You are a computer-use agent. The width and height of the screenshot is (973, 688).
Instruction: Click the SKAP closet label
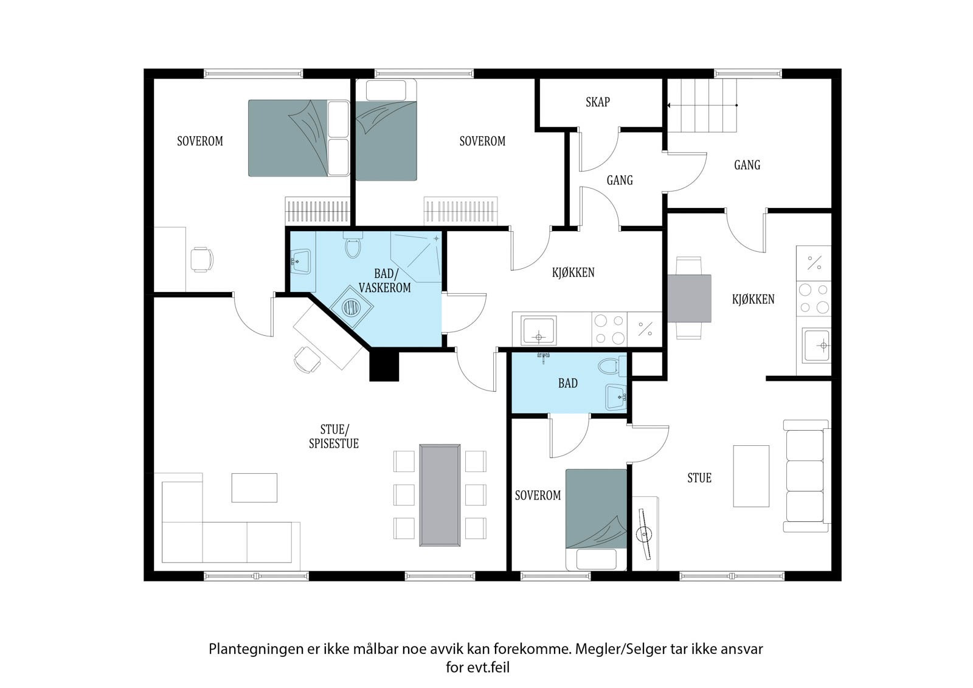(598, 102)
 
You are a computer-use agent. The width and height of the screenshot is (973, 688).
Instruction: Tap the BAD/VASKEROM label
(385, 281)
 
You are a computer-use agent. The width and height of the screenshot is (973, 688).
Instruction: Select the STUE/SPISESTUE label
(334, 436)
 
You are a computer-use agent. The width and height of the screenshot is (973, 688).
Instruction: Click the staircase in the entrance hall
(702, 106)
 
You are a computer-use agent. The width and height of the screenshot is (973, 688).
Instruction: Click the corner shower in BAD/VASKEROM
(416, 257)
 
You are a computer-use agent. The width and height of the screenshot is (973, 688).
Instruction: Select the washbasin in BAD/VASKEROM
(300, 261)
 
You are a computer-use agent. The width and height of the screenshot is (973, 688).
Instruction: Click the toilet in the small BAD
(612, 366)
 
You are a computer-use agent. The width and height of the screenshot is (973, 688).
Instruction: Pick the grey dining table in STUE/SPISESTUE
(440, 495)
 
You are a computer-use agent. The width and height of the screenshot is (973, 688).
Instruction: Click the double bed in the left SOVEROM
(299, 138)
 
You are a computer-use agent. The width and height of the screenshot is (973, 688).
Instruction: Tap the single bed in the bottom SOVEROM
(597, 519)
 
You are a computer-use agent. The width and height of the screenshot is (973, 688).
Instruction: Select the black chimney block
(384, 366)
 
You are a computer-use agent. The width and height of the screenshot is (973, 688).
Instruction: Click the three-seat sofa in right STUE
(806, 476)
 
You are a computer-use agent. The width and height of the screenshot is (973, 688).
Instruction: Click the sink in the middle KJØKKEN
(539, 331)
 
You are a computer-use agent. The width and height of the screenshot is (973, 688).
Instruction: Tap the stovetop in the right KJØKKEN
(814, 299)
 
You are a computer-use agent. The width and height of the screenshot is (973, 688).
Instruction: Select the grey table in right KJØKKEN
(689, 298)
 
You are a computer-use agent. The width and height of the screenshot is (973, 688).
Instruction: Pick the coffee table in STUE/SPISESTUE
(254, 488)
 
